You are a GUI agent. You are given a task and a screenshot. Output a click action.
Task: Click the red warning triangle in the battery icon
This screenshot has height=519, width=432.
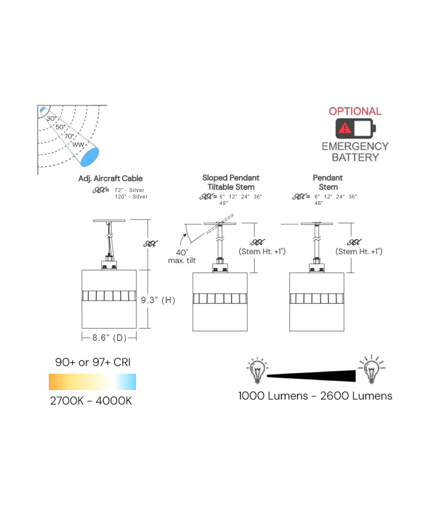(345, 128)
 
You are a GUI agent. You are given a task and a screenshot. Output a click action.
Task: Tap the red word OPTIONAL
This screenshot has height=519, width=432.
(355, 111)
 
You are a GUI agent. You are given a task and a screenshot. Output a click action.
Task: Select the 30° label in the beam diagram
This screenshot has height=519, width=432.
(51, 118)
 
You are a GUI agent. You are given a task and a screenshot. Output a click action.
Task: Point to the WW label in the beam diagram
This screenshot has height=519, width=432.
(78, 144)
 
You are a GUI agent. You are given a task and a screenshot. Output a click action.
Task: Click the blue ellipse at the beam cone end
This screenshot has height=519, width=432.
(90, 156)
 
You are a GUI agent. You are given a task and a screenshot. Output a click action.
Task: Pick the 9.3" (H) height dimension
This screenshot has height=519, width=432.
(158, 300)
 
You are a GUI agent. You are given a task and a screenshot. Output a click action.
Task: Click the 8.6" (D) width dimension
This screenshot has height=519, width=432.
(109, 338)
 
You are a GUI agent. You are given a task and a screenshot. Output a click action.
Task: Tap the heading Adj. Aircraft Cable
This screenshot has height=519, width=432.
(110, 179)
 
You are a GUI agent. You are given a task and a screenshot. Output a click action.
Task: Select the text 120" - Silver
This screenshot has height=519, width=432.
(131, 197)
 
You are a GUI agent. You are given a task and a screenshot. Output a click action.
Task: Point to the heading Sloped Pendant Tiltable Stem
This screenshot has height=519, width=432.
(231, 183)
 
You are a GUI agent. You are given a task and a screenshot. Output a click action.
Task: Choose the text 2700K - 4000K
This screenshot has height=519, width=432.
(91, 401)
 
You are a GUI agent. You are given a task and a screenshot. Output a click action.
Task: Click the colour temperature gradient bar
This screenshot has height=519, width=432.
(92, 382)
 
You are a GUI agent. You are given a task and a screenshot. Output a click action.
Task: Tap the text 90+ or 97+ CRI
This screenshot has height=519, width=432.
(92, 362)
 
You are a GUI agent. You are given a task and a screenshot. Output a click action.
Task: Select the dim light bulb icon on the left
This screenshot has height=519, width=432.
(257, 370)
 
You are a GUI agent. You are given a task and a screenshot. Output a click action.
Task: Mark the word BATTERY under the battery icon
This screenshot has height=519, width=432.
(355, 157)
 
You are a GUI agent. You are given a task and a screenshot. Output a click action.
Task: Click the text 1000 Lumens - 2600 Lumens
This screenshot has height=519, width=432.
(315, 396)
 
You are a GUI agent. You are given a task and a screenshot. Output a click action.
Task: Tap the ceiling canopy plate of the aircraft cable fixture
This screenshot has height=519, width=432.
(109, 221)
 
